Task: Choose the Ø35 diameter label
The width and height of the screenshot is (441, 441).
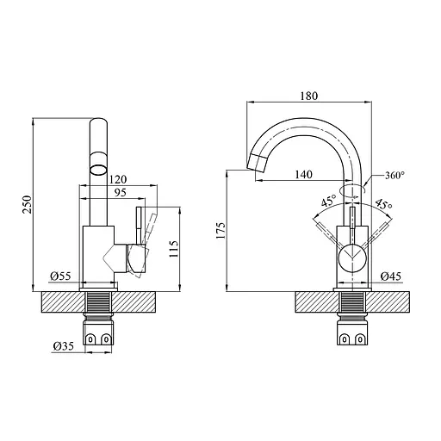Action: tap(62, 346)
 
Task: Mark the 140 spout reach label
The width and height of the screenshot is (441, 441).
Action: tap(302, 175)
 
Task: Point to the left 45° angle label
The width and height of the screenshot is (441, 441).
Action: tap(328, 203)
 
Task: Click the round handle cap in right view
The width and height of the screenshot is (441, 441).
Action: tap(352, 256)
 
